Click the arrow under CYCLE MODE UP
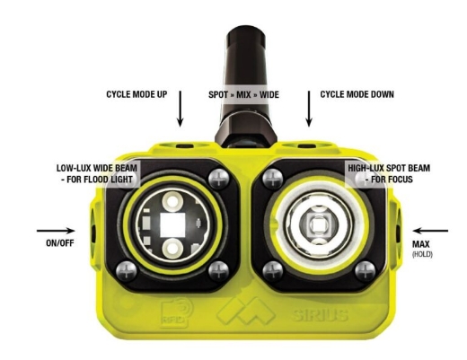coord(180,110)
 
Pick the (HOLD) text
coord(420,254)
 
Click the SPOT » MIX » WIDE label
coord(244,93)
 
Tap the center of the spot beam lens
coord(316,224)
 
